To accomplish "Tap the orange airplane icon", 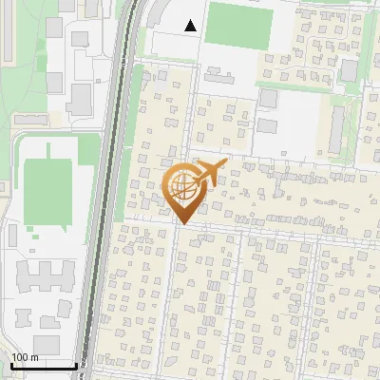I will [x=211, y=172].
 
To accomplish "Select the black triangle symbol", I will [x=191, y=26].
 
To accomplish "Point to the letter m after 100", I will [x=34, y=357].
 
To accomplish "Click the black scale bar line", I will [x=43, y=367].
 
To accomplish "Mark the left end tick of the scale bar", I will [x=10, y=365].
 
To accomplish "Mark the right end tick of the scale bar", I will [x=76, y=365].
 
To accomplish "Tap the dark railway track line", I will [x=106, y=190].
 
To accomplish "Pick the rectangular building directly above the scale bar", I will [x=46, y=343].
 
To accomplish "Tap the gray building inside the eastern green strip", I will [x=350, y=70].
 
